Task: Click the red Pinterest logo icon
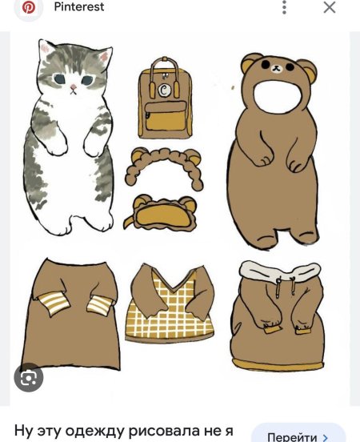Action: (29, 7)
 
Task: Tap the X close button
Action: (330, 7)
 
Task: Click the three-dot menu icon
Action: (284, 7)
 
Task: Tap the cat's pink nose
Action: (74, 86)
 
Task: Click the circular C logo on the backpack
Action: (164, 90)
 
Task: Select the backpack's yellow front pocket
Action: (166, 116)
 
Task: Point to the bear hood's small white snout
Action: (277, 68)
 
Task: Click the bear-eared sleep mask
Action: (161, 214)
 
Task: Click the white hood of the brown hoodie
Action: (280, 271)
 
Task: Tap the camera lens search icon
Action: (29, 377)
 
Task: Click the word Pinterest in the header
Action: (79, 6)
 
